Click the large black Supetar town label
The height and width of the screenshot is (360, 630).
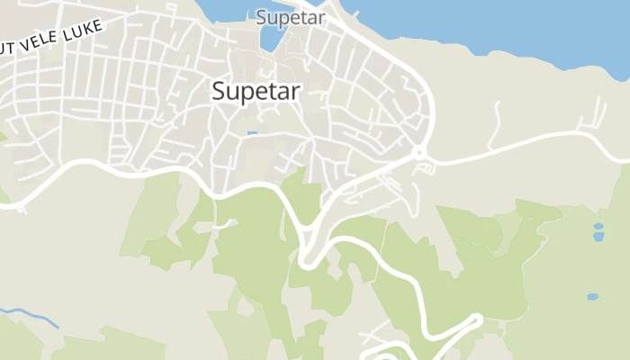[x=256, y=91]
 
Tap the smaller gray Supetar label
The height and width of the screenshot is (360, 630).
[x=291, y=17]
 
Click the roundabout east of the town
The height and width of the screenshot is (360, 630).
[x=418, y=152]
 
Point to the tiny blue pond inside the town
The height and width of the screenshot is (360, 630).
[x=252, y=134]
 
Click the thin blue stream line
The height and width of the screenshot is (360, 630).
[x=31, y=318]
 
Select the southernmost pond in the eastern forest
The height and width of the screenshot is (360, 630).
[x=591, y=296]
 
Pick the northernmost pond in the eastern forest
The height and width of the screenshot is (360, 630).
[x=598, y=226]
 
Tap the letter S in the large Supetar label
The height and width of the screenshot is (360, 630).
[x=219, y=91]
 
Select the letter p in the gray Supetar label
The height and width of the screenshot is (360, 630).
[x=281, y=19]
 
